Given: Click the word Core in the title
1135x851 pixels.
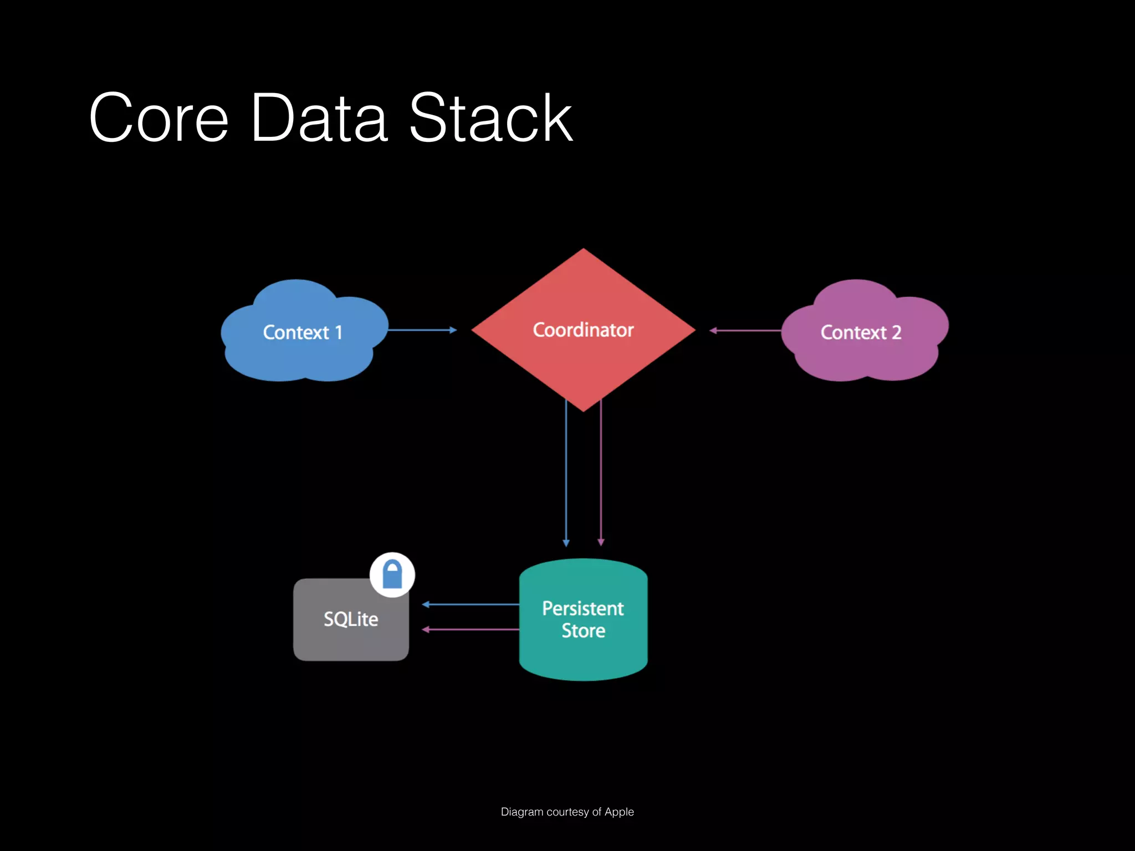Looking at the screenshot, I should (159, 118).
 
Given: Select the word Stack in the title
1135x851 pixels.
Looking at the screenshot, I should (490, 118).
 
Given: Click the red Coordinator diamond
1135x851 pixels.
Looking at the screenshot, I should (583, 330).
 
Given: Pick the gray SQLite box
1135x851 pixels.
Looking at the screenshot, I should (351, 619).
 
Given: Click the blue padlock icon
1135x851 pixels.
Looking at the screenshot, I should (392, 575).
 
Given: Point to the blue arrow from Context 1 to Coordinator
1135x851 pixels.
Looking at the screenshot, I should (422, 330).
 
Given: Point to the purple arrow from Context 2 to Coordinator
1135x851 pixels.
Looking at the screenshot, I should (745, 330).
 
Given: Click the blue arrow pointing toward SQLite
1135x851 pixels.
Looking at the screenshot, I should (471, 604).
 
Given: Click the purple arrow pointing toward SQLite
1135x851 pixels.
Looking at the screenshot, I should (471, 629).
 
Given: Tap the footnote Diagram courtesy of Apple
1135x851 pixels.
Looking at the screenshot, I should (567, 812).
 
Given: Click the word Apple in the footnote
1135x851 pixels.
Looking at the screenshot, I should (619, 812).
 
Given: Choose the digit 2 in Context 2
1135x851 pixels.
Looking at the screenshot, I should (896, 332).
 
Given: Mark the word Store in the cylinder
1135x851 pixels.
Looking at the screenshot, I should (583, 630).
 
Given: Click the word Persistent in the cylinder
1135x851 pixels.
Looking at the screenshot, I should (583, 608).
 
